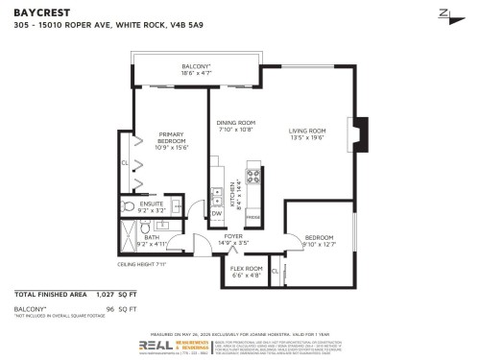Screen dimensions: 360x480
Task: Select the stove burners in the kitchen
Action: (255, 176)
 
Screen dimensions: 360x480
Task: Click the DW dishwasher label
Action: (216, 214)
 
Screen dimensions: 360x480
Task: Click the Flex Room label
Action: (246, 272)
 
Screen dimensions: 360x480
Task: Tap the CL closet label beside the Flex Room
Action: (276, 273)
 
